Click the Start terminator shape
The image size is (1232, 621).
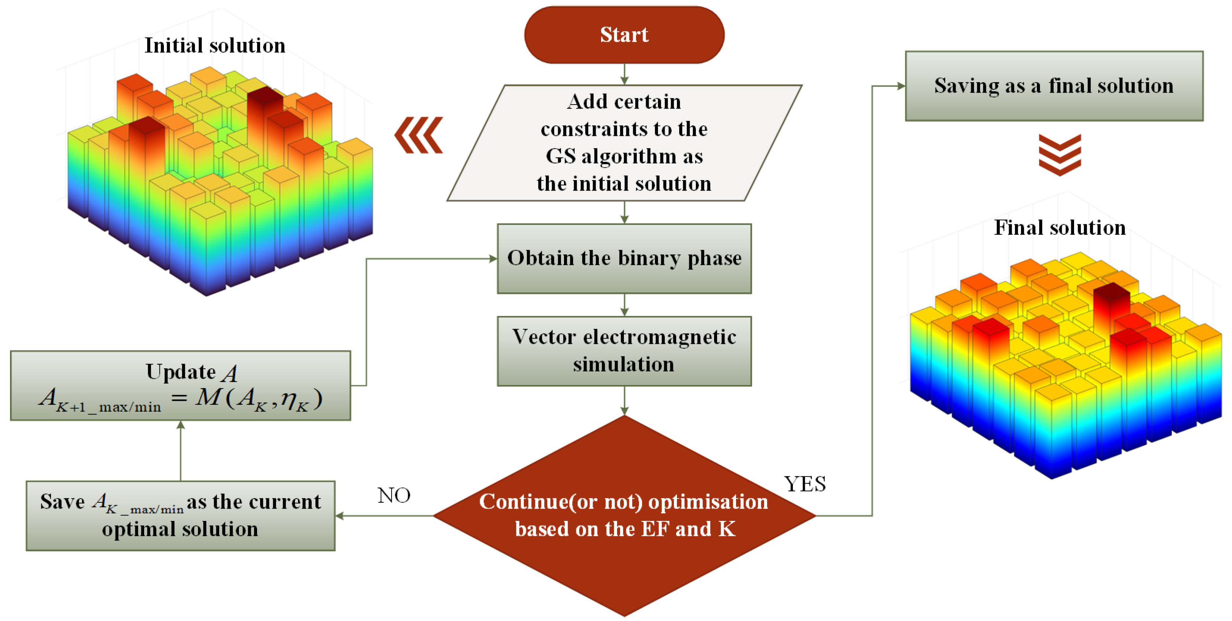point(624,35)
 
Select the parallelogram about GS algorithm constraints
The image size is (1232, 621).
point(624,143)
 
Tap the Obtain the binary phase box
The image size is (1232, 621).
point(624,259)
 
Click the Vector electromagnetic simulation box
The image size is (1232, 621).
point(624,351)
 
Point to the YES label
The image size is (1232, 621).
point(804,484)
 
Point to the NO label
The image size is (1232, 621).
point(393,496)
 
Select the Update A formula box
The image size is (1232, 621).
point(180,385)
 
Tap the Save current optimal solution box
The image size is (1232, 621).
point(180,516)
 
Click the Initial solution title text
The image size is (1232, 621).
point(215,45)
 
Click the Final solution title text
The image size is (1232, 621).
point(1059,227)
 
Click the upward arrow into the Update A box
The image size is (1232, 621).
point(180,450)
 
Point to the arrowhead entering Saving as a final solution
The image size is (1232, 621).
point(900,86)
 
